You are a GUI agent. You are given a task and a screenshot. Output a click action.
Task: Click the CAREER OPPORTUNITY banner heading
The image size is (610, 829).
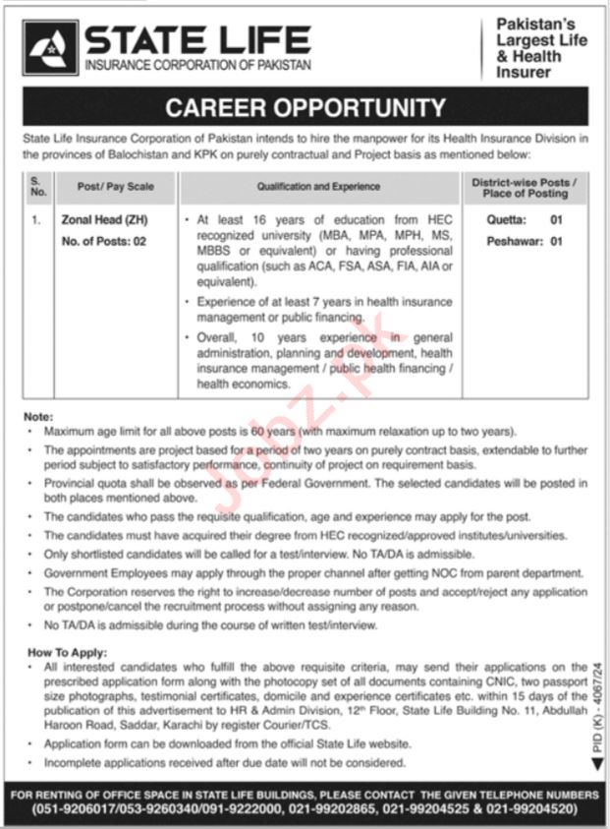pyautogui.click(x=305, y=107)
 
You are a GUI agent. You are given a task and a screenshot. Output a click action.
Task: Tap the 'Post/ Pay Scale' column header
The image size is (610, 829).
pyautogui.click(x=116, y=186)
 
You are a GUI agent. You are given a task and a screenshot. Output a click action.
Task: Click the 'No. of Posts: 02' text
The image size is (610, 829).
pyautogui.click(x=104, y=241)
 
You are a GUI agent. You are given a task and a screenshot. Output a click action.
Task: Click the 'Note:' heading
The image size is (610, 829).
pyautogui.click(x=39, y=416)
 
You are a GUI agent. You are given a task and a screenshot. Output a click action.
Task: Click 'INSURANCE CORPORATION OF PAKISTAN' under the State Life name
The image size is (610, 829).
pyautogui.click(x=197, y=65)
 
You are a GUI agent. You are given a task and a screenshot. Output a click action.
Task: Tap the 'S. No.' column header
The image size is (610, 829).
pyautogui.click(x=37, y=185)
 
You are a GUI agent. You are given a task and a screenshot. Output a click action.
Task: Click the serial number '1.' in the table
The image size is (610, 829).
pyautogui.click(x=36, y=221)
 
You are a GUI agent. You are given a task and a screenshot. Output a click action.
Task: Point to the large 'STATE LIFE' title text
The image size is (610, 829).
pyautogui.click(x=197, y=39)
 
